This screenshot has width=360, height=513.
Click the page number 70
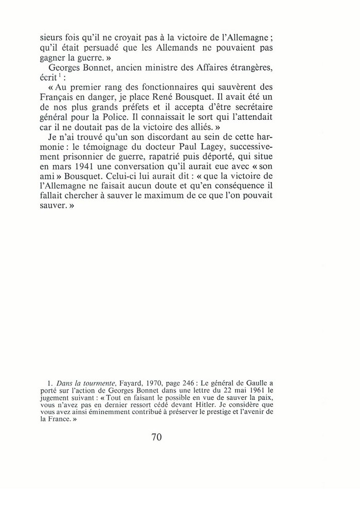point(157,438)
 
